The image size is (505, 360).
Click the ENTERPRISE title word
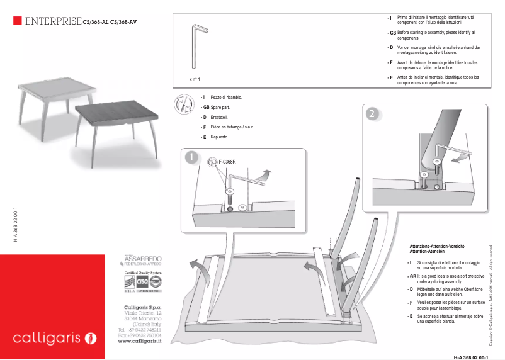point(52,22)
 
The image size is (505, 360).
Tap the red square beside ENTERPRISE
point(18,21)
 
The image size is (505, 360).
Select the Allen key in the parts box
point(196,47)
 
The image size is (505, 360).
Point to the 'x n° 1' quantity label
point(195,79)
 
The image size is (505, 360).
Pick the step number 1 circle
point(192,159)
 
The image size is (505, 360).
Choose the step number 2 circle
point(373,114)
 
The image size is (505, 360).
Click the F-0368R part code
point(227,162)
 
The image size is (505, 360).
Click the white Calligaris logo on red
point(55,339)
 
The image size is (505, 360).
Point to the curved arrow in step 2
point(463,157)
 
